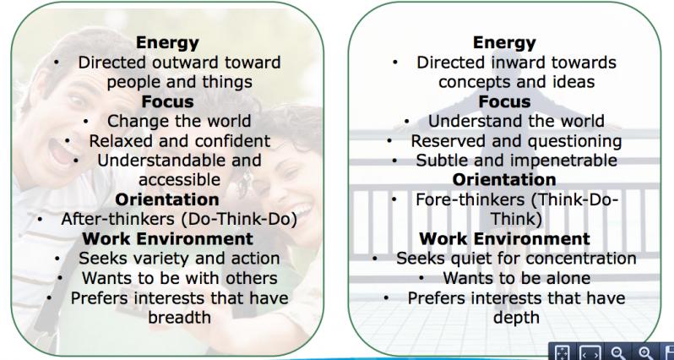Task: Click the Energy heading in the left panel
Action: coord(167,43)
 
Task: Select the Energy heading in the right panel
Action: coord(504,43)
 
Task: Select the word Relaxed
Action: coord(115,141)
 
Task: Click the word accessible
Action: coord(180,180)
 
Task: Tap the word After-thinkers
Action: coord(117,219)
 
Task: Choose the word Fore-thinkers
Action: coord(470,199)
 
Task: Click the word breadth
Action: coord(180,317)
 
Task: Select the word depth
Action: coord(516,318)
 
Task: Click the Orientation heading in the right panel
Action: coord(504,180)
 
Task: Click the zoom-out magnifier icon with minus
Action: coord(618,352)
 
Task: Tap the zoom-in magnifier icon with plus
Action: coord(644,352)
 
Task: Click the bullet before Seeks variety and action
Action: coord(57,259)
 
